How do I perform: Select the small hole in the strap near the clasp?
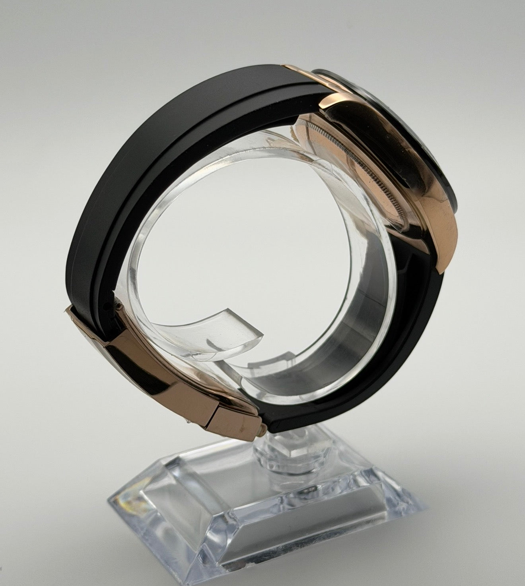(105, 306)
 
